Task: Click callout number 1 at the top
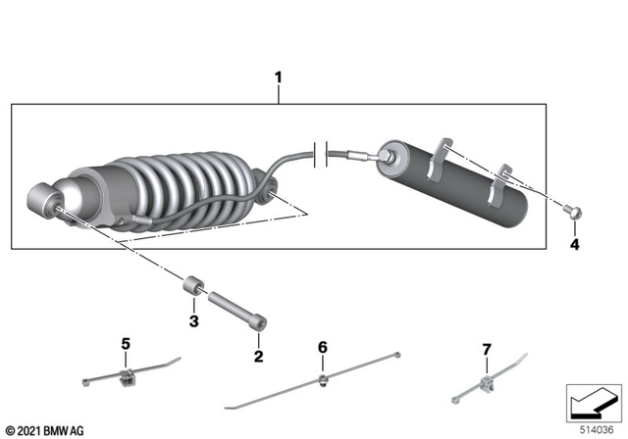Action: pyautogui.click(x=278, y=76)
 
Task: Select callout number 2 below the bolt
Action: pyautogui.click(x=259, y=356)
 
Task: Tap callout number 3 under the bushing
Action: pyautogui.click(x=194, y=320)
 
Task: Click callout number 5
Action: pyautogui.click(x=125, y=344)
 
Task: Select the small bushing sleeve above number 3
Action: pyautogui.click(x=194, y=289)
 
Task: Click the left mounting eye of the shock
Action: pyautogui.click(x=47, y=202)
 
